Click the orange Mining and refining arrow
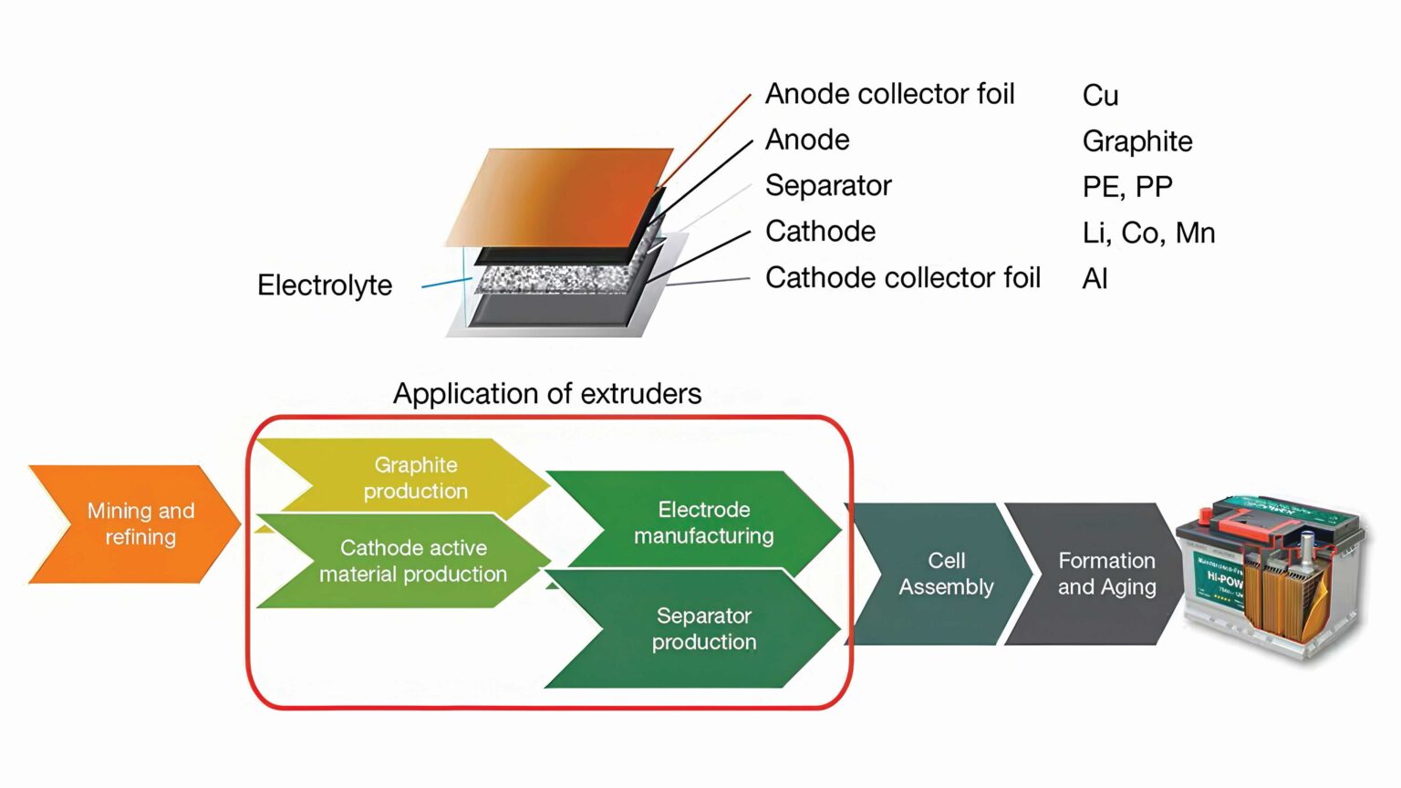[x=137, y=524]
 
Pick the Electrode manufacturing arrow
[x=702, y=522]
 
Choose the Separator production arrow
[x=702, y=628]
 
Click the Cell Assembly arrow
[x=945, y=574]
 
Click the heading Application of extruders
[x=546, y=393]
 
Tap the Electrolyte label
[x=324, y=285]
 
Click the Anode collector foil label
[x=889, y=94]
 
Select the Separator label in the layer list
[x=827, y=185]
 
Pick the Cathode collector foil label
[x=902, y=277]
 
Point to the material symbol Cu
[x=1100, y=96]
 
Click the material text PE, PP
[x=1126, y=187]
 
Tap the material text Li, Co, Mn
[x=1147, y=233]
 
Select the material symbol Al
[x=1095, y=279]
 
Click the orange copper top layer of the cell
[x=566, y=193]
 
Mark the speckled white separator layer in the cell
[x=556, y=277]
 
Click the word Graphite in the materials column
[x=1136, y=141]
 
